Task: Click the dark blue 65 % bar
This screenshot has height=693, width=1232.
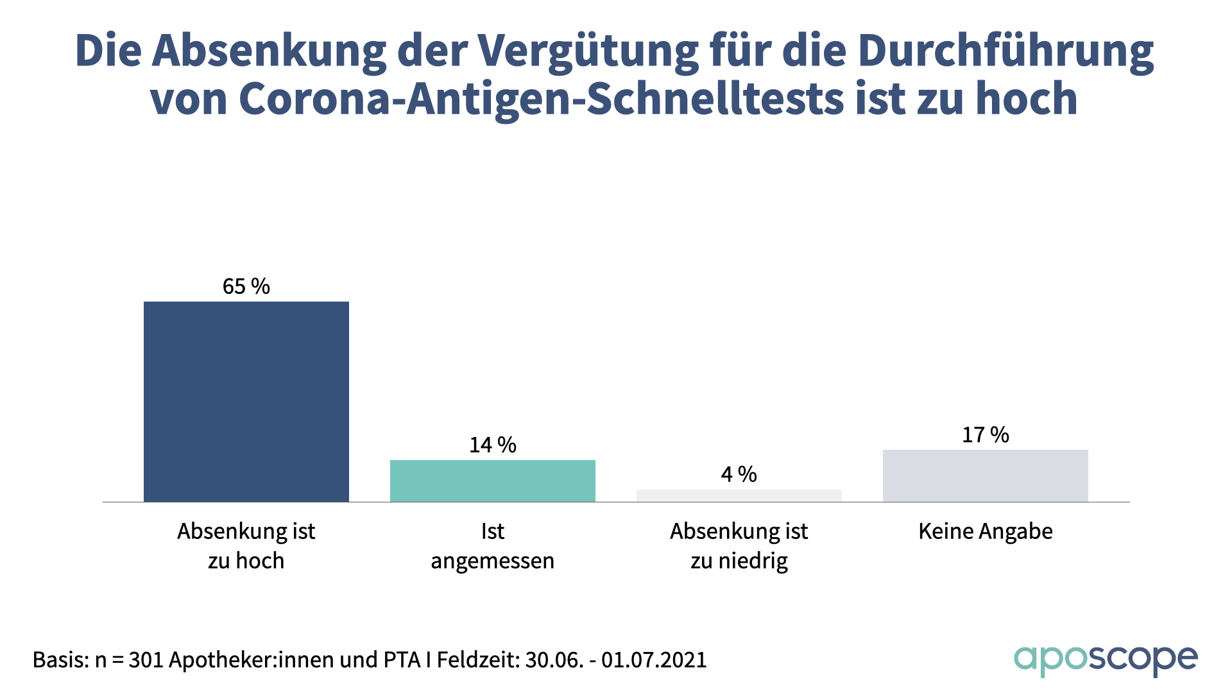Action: click(x=246, y=402)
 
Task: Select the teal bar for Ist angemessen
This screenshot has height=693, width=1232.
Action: click(x=493, y=481)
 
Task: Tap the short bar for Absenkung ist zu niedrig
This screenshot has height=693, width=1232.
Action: click(x=739, y=495)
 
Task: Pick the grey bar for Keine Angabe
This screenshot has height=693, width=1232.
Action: click(x=986, y=475)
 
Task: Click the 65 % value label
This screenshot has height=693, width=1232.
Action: click(x=246, y=286)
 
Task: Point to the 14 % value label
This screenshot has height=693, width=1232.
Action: click(x=493, y=445)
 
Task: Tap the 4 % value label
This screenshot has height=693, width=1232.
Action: click(x=739, y=474)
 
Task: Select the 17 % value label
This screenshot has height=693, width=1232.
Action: click(x=986, y=435)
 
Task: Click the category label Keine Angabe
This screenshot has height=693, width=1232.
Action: click(x=986, y=531)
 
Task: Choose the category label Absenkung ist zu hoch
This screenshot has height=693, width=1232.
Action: click(x=246, y=546)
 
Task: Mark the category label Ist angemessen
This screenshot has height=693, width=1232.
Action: click(x=493, y=546)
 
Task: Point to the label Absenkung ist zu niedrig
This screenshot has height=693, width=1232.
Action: click(x=739, y=546)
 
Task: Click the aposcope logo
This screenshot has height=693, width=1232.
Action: click(x=1106, y=660)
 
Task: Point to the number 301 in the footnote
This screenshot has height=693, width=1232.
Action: click(x=145, y=660)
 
